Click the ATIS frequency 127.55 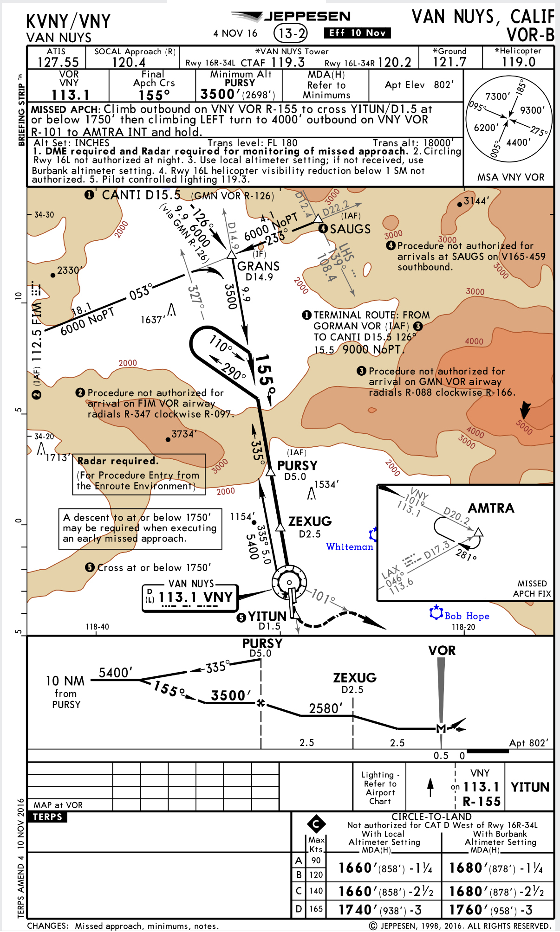[58, 62]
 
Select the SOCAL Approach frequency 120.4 [129, 62]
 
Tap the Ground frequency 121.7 [449, 62]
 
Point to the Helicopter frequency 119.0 [518, 62]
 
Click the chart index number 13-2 [291, 33]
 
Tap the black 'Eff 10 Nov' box [357, 33]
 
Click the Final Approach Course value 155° [154, 95]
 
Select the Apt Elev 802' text [419, 85]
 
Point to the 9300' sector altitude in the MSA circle [532, 110]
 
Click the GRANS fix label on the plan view [258, 266]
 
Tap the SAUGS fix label [350, 229]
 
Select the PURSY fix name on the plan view [297, 465]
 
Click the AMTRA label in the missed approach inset [491, 508]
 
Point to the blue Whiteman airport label [350, 547]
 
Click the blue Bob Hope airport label [467, 616]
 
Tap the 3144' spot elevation [476, 201]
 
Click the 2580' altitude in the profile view [326, 708]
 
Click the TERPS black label [47, 817]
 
